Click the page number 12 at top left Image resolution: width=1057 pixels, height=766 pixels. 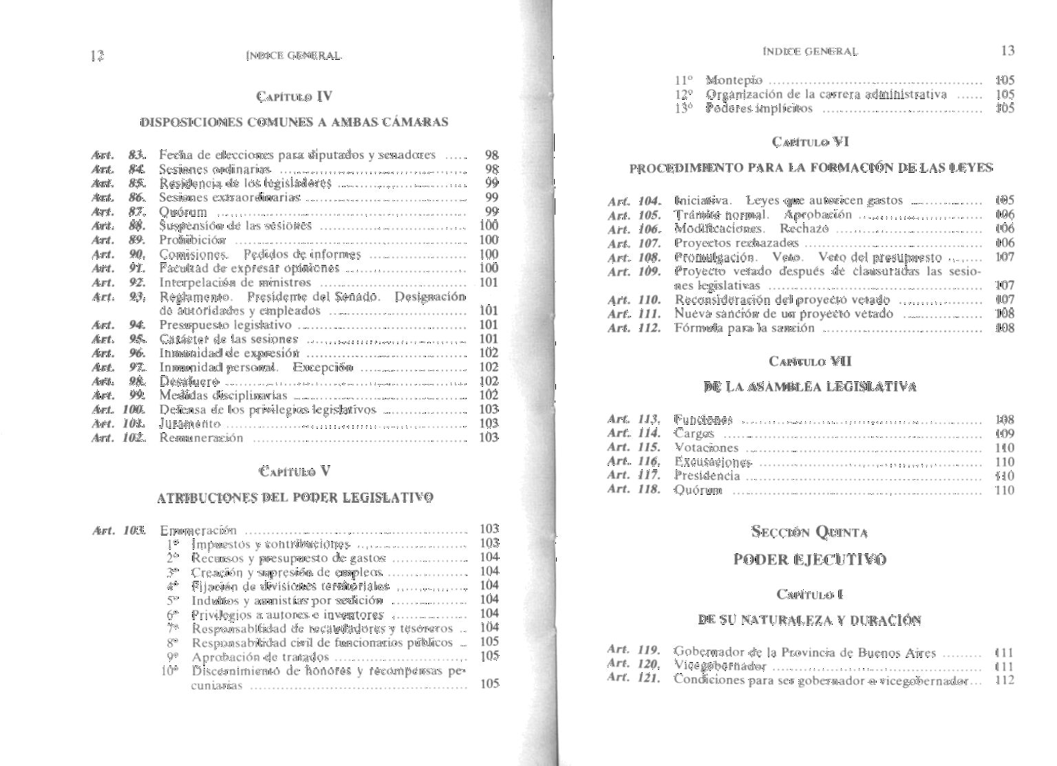tap(96, 56)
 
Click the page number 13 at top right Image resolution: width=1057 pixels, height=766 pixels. tap(1007, 50)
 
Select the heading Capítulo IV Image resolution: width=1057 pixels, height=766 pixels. tap(294, 96)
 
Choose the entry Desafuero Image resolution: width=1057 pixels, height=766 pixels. tap(189, 381)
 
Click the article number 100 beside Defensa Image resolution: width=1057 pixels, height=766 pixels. tap(134, 409)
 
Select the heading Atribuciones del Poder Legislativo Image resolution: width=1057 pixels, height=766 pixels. tap(295, 498)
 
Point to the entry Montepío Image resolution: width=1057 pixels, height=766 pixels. tap(734, 81)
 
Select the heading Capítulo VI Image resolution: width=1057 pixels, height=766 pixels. tap(811, 142)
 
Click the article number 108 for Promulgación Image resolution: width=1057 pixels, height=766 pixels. tap(649, 257)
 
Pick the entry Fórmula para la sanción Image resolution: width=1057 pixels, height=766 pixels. tap(745, 328)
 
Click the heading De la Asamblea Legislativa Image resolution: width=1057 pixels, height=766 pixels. tap(811, 387)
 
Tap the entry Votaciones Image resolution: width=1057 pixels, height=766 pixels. tap(706, 447)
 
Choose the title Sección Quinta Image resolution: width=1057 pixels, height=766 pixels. tap(810, 532)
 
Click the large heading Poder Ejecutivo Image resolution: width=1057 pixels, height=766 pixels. tap(810, 559)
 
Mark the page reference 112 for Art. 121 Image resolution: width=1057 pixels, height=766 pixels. tap(1005, 680)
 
